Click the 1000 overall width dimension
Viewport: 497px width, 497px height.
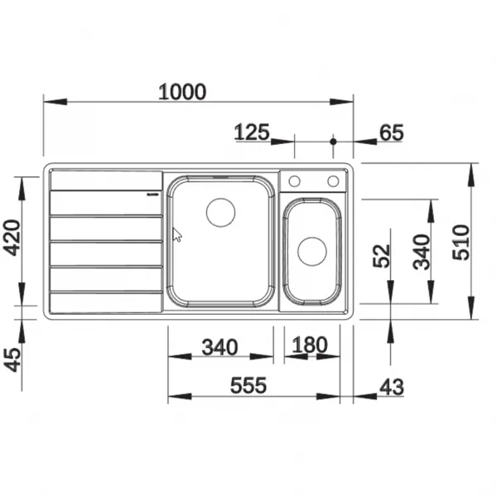pos(182,92)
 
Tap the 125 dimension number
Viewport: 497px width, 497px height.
pos(252,133)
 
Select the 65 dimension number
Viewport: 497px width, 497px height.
pos(392,133)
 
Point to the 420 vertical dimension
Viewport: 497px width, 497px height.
pos(12,238)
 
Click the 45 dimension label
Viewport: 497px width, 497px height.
pos(13,359)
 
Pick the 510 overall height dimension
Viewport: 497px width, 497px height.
pos(461,243)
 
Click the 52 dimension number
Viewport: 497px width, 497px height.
pos(381,256)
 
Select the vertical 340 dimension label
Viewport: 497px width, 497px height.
pos(422,252)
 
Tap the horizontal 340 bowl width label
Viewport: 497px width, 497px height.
pos(220,347)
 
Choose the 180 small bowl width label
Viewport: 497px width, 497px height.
pos(309,345)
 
